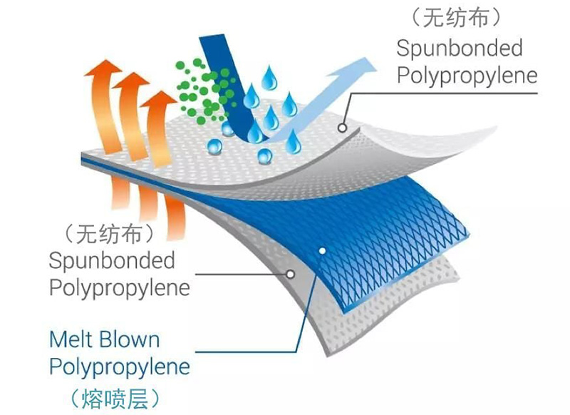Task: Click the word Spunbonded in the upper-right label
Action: click(460, 48)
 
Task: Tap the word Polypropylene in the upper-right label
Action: click(467, 76)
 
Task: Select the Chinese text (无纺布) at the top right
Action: click(456, 17)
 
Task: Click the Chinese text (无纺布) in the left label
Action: click(109, 233)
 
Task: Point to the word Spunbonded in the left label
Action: click(112, 260)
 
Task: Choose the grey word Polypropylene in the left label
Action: click(120, 288)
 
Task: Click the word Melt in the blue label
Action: click(70, 339)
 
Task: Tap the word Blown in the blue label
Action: click(130, 339)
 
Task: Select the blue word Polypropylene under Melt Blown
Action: click(120, 367)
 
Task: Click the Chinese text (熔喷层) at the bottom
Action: click(115, 399)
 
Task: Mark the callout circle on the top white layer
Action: click(342, 128)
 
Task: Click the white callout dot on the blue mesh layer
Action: click(322, 250)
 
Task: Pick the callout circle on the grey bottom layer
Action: click(291, 275)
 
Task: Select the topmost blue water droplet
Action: click(269, 78)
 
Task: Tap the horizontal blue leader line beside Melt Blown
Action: click(246, 352)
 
